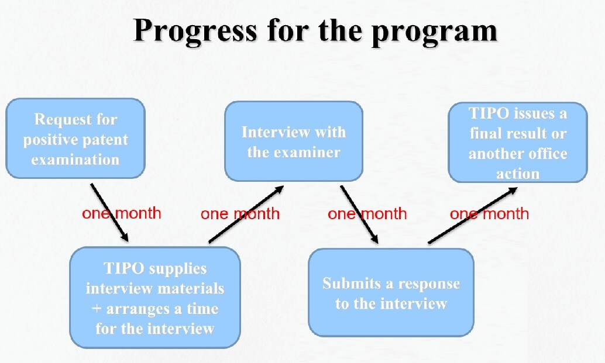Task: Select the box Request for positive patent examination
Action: [x=75, y=139]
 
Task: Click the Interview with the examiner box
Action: [x=294, y=141]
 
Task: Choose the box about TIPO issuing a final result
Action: [x=518, y=142]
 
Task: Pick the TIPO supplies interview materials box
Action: [x=155, y=298]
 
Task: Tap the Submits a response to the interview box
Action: [x=391, y=292]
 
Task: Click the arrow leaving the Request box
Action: [x=109, y=213]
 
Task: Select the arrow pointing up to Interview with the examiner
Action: [x=246, y=215]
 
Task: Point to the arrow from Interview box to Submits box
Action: [x=359, y=215]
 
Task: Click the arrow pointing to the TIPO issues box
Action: [x=473, y=216]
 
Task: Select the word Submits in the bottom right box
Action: [x=352, y=284]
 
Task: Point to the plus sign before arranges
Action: [x=97, y=309]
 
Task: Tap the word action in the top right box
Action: [x=518, y=174]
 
